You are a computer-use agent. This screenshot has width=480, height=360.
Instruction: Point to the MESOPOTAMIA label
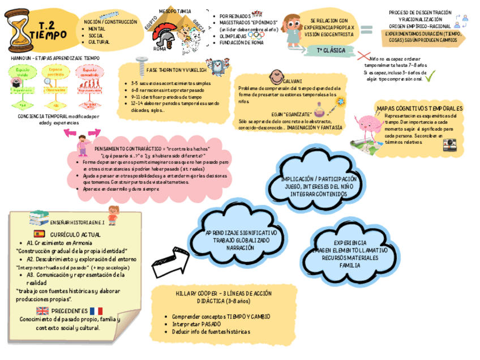[x=175, y=11]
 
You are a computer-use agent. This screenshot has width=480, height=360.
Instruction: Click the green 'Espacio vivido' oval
[x=22, y=73]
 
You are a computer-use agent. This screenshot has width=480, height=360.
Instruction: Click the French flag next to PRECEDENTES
[x=96, y=311]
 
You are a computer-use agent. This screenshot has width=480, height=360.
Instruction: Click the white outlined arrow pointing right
[x=177, y=262]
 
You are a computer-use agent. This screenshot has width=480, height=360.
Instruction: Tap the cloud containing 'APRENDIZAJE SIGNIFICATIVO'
[x=242, y=238]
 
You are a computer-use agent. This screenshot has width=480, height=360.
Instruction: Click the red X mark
[x=364, y=56]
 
